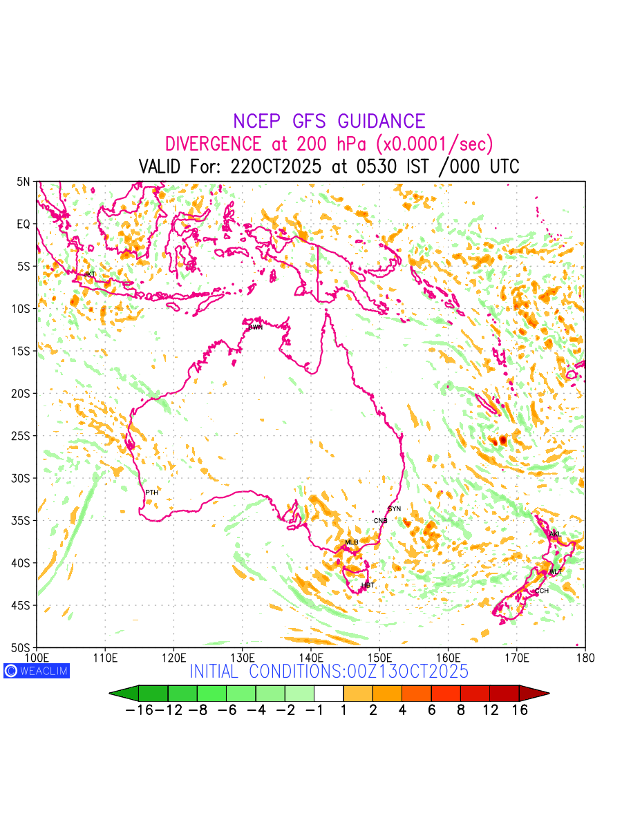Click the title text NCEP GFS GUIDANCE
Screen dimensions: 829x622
[x=329, y=122]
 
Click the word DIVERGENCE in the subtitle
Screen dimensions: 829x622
[x=213, y=144]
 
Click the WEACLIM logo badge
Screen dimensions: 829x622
[x=37, y=671]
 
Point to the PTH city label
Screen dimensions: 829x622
[x=151, y=493]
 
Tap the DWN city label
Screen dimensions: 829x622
[x=255, y=327]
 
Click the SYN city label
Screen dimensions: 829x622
[x=395, y=509]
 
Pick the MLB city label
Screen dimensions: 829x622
[x=352, y=542]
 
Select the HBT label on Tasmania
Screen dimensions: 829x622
[x=368, y=586]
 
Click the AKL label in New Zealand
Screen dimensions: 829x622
[x=555, y=534]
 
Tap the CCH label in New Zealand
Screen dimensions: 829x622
[x=542, y=591]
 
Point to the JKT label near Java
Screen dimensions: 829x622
[x=90, y=275]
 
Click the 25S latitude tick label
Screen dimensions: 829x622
[x=23, y=436]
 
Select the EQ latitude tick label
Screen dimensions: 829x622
[x=24, y=224]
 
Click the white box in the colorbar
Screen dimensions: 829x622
[x=328, y=693]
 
